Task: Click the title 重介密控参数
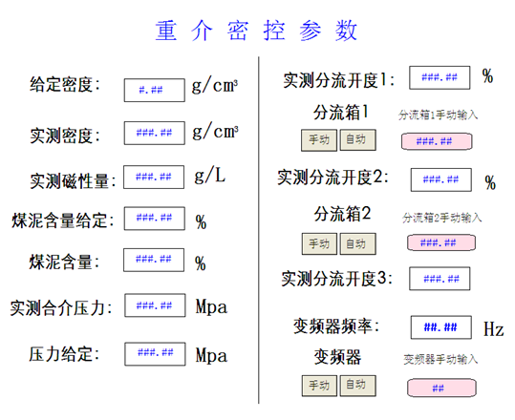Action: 256,31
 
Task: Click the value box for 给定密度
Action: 155,90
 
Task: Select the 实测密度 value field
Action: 155,133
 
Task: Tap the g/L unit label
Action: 210,175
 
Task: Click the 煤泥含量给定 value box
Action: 155,219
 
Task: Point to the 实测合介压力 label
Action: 61,308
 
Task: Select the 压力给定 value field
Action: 155,354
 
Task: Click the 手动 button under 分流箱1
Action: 319,140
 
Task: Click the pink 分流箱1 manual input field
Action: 437,141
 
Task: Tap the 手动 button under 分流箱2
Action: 319,243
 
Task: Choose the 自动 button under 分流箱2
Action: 357,243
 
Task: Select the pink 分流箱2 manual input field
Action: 441,242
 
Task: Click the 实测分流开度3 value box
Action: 440,279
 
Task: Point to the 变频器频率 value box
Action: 441,327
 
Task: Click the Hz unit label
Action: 493,328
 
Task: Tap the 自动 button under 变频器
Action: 357,386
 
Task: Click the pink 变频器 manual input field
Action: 441,388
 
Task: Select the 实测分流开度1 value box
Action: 440,77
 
